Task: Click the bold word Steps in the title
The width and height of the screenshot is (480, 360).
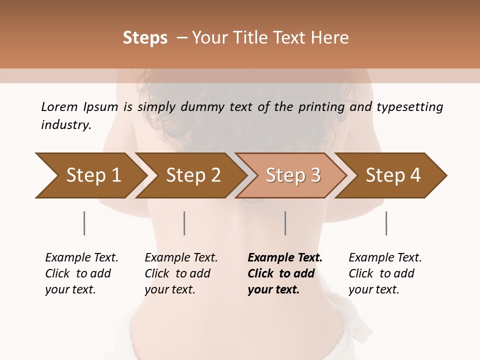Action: pyautogui.click(x=145, y=37)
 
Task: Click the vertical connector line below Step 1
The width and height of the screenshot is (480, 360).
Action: pyautogui.click(x=84, y=223)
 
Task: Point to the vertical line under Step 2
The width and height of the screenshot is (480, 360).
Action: pyautogui.click(x=184, y=223)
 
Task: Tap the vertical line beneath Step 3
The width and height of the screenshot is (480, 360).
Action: pyautogui.click(x=285, y=223)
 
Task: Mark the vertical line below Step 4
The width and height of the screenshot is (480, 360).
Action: pyautogui.click(x=386, y=223)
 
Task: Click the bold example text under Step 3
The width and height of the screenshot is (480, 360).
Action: pyautogui.click(x=284, y=273)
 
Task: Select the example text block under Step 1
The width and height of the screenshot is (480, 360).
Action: pyautogui.click(x=81, y=273)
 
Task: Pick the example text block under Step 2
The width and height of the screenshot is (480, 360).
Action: pyautogui.click(x=180, y=273)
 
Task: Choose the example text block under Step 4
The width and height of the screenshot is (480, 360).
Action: pyautogui.click(x=384, y=273)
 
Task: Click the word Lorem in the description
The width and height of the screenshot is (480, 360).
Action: pyautogui.click(x=59, y=106)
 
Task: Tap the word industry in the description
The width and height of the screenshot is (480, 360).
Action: pyautogui.click(x=66, y=124)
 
